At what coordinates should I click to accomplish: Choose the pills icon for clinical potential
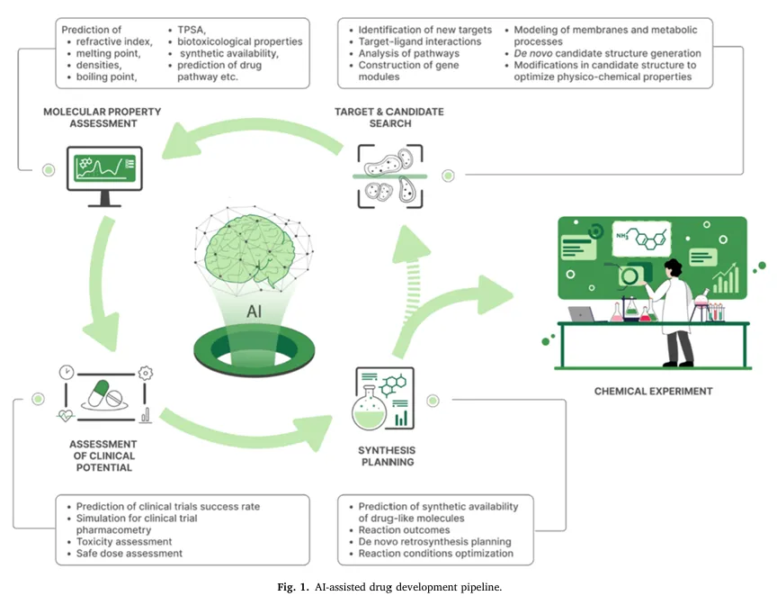[x=105, y=393]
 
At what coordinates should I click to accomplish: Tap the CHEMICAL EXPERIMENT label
[x=653, y=392]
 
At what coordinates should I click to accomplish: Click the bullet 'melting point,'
[x=108, y=53]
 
